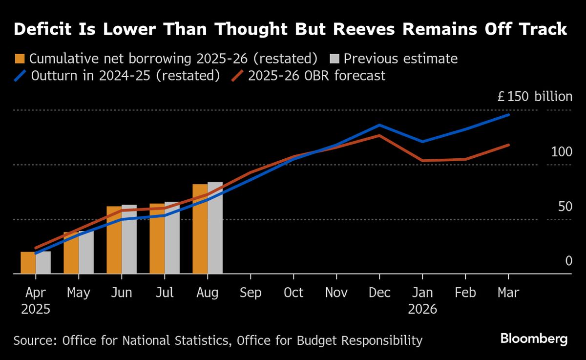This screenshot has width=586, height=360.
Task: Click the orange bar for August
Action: point(200,230)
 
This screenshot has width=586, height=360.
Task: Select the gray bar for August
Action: point(215,229)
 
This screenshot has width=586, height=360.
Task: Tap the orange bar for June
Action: point(114,240)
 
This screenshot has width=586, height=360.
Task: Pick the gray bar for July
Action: point(172,238)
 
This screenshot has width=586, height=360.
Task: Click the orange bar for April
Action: point(28,263)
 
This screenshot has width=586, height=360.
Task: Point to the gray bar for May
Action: point(86,253)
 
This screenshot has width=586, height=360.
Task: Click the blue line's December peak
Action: point(379,125)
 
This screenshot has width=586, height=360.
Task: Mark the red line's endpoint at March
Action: point(508,145)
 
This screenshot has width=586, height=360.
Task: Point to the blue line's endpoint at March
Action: point(508,115)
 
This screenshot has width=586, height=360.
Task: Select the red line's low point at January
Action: point(422,160)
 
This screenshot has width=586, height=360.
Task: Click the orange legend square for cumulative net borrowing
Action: point(20,59)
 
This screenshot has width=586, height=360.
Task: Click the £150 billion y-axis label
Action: point(534,97)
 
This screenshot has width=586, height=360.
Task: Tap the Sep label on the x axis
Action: point(250,293)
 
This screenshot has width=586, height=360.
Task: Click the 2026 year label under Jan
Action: point(422,309)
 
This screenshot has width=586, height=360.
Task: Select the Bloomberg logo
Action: point(534,338)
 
